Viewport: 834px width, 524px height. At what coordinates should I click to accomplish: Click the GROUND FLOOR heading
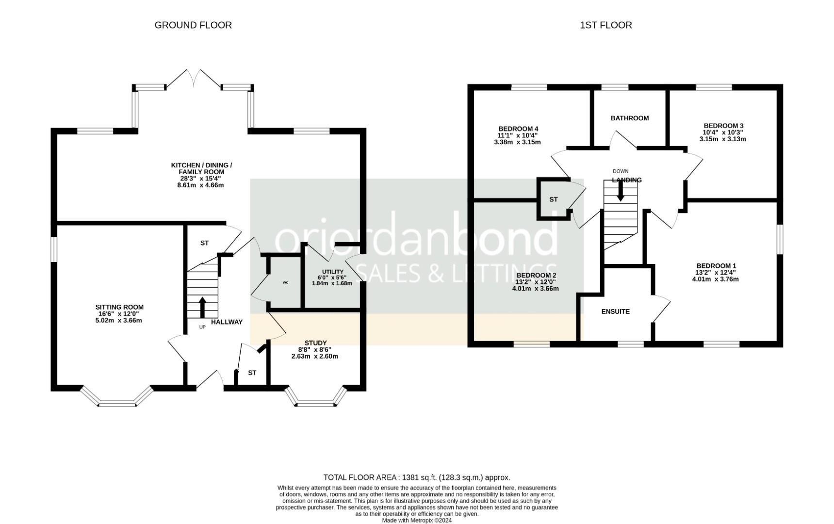pos(193,25)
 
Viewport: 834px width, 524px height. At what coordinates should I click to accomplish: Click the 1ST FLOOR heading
pos(606,25)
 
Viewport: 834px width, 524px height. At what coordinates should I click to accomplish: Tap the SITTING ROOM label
pos(119,307)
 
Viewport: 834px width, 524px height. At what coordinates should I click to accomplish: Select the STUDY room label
pos(315,343)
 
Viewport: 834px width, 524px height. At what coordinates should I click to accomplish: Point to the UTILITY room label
pos(333,272)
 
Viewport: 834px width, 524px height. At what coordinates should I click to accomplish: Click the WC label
pos(285,282)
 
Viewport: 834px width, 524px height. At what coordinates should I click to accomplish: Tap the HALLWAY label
pos(227,322)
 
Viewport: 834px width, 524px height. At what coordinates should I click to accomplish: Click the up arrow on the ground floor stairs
pos(202,307)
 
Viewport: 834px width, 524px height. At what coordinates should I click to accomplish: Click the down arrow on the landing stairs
pos(620,191)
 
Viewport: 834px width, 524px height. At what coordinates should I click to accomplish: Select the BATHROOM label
pos(630,118)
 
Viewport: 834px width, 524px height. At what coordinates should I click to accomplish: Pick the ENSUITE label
pos(616,311)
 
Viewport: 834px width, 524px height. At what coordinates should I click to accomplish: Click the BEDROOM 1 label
pos(716,266)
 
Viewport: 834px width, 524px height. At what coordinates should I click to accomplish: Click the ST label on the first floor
pos(554,199)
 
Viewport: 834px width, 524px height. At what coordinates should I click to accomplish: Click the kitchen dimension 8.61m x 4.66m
pos(201,185)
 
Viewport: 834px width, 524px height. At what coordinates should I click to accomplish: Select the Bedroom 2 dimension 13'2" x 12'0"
pos(536,282)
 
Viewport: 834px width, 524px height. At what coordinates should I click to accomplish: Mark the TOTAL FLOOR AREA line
pos(417,477)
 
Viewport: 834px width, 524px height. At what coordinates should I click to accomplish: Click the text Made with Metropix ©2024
pos(417,520)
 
